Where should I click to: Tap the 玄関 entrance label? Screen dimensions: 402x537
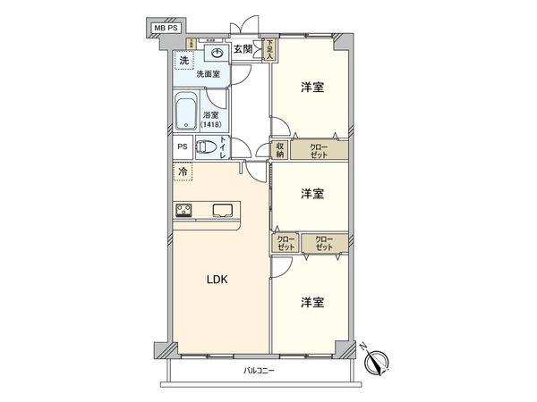pos(244,50)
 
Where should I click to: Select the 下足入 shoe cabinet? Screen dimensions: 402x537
pos(268,50)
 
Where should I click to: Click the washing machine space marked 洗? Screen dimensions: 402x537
pos(184,61)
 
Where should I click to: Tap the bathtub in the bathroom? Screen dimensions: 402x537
pos(187,113)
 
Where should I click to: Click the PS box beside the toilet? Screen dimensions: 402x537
pos(182,148)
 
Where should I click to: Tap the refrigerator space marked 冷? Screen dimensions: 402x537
pos(183,172)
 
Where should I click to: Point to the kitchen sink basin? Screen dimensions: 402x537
pos(224,211)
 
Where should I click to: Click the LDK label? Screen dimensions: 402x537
pos(218,280)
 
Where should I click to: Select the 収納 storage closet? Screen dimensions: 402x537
pos(280,150)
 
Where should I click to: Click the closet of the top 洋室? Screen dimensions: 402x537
pos(319,150)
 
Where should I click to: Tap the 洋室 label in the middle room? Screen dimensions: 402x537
pos(312,193)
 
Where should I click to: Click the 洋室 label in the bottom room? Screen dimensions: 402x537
pos(312,302)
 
